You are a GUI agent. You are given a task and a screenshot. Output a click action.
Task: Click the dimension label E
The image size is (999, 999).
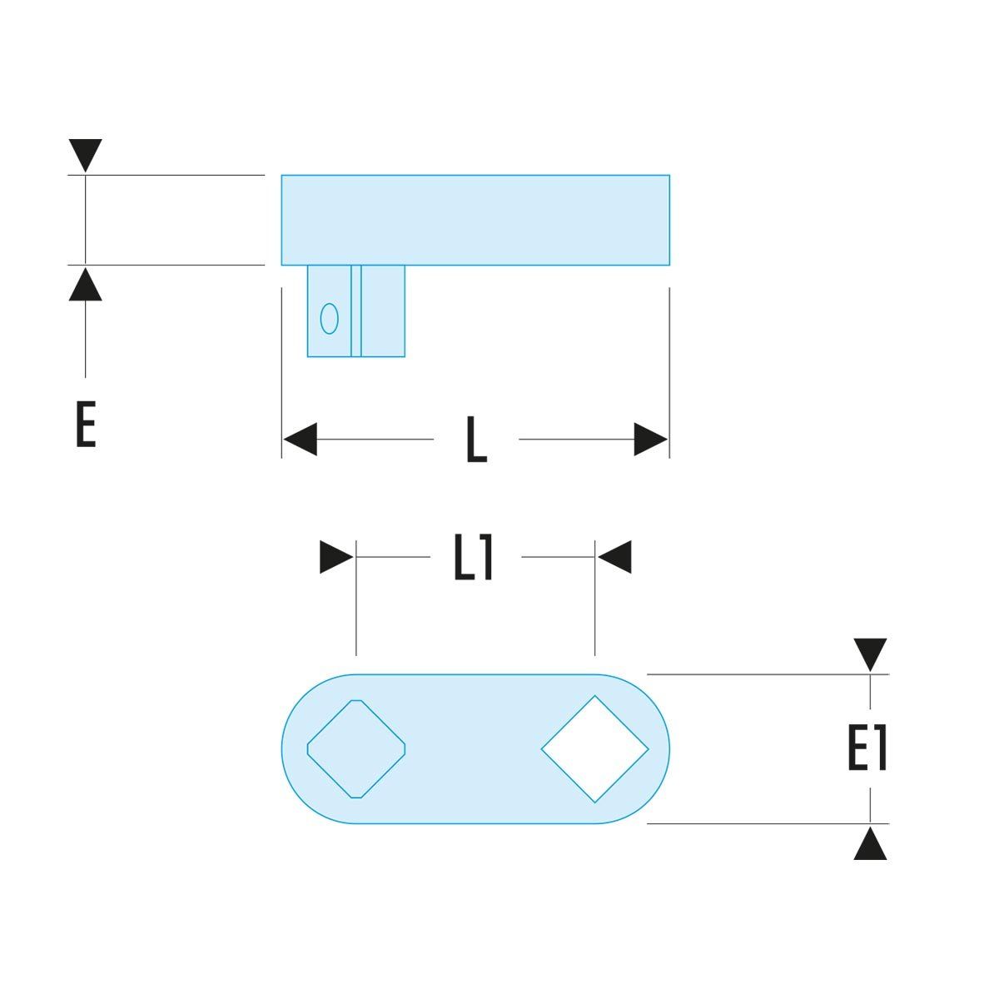click(85, 425)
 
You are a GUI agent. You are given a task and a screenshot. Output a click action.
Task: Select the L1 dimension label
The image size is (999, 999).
click(474, 558)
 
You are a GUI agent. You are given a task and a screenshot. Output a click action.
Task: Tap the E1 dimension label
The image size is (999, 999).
click(867, 748)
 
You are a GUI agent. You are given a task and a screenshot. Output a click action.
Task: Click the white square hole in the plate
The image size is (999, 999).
click(594, 749)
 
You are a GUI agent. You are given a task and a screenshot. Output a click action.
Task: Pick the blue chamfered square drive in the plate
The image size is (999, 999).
click(356, 749)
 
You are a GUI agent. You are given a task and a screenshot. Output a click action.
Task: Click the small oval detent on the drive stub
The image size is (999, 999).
click(330, 318)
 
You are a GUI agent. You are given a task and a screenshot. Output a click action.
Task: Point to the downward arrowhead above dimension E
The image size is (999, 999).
click(86, 155)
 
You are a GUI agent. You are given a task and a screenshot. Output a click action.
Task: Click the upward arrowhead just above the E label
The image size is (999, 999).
click(86, 284)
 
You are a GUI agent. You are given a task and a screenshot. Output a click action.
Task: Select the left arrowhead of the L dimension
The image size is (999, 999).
click(300, 440)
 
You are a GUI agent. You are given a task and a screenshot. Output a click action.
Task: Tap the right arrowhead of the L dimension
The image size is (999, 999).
click(651, 440)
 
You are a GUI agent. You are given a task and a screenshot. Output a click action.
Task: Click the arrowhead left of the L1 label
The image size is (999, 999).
click(336, 558)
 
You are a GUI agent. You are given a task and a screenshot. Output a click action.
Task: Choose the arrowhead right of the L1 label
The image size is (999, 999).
click(615, 558)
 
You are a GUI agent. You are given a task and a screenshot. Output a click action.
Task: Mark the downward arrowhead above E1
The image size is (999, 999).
click(870, 654)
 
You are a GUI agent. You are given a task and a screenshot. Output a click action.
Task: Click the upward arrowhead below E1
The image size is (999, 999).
click(870, 842)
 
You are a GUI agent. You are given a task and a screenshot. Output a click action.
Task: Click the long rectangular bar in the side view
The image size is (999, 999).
click(475, 220)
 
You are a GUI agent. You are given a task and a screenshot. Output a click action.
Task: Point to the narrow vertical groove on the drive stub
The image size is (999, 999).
click(356, 311)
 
